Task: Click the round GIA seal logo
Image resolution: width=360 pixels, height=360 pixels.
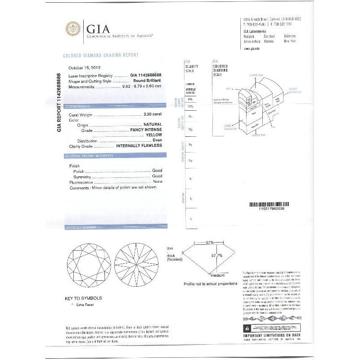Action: click(73, 29)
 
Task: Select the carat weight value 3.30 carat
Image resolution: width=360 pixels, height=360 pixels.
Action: click(152, 115)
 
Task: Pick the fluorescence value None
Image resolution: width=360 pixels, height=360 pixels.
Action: click(157, 182)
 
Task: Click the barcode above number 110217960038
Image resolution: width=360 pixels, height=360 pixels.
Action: click(272, 204)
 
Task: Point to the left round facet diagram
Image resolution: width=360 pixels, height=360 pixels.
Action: click(89, 265)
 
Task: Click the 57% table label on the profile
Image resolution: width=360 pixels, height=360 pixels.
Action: click(210, 243)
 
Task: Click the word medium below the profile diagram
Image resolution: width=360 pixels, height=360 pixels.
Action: click(217, 275)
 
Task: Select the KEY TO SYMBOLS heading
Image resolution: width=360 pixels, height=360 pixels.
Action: click(83, 298)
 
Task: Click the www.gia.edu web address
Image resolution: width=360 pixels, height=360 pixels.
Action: click(251, 48)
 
